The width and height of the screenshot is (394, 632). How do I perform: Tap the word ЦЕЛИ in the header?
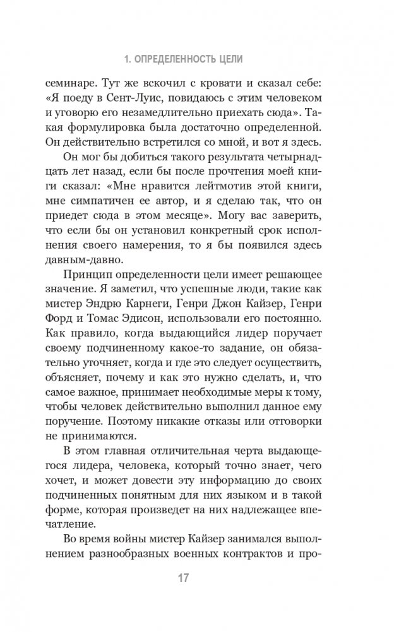[x=230, y=60]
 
